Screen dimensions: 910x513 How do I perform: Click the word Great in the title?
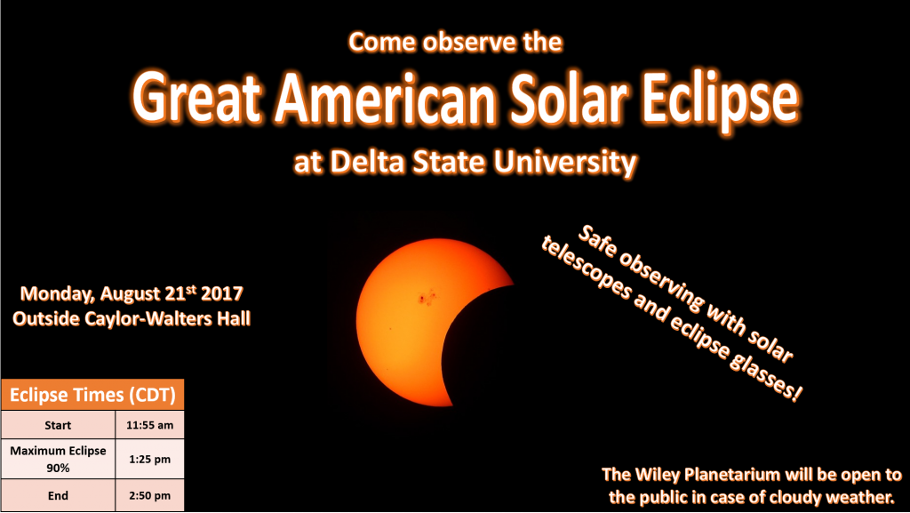pos(196,98)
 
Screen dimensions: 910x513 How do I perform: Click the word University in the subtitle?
pos(565,163)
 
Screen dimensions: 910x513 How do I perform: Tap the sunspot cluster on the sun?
pos(428,297)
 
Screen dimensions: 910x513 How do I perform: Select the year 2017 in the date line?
pos(221,293)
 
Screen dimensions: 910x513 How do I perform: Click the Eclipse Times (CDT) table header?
pos(92,395)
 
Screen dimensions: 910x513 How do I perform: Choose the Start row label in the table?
pos(58,425)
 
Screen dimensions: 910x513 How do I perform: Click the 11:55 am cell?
pos(149,425)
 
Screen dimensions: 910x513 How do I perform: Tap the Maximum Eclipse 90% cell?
pos(58,459)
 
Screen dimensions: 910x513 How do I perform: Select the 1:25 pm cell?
pos(149,459)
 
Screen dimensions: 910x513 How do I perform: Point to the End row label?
pos(58,495)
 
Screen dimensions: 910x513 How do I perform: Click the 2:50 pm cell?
pos(149,495)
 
